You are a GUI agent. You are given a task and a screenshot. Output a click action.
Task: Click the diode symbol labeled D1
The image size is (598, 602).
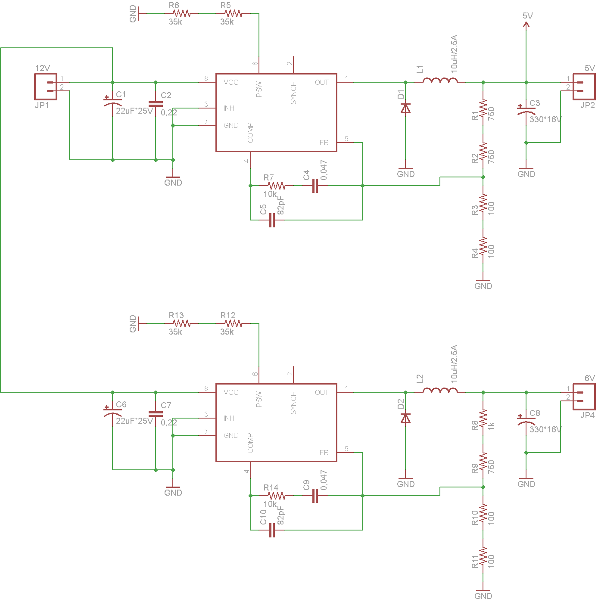[405, 108]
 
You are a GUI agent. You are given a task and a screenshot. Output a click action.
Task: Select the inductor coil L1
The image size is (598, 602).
[440, 81]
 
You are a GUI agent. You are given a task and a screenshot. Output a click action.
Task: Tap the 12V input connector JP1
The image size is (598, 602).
[46, 87]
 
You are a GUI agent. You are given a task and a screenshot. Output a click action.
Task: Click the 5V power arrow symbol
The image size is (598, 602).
[526, 25]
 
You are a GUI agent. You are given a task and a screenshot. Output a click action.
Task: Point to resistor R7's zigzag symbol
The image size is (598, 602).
[276, 186]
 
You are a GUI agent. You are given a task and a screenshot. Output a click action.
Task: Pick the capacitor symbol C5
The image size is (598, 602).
[272, 220]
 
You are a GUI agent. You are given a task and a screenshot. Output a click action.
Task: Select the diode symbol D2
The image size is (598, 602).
[405, 418]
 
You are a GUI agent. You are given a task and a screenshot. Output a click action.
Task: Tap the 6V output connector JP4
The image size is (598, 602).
[584, 397]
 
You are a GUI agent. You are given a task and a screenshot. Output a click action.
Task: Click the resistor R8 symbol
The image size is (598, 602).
[483, 418]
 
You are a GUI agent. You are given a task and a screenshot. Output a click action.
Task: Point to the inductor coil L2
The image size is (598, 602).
[440, 391]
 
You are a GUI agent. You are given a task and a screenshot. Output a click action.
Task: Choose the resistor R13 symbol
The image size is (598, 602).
[181, 323]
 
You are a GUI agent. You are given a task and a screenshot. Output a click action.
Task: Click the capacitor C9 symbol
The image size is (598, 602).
[315, 496]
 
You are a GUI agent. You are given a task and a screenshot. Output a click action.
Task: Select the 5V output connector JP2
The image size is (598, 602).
[584, 87]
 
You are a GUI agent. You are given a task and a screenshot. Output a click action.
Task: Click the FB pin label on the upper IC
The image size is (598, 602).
[324, 143]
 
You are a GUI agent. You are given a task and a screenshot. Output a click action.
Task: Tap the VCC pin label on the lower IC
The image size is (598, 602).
[231, 392]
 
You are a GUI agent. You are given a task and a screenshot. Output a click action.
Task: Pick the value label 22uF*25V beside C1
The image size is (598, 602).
[134, 111]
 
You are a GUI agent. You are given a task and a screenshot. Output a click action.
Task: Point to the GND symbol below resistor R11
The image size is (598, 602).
[483, 594]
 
